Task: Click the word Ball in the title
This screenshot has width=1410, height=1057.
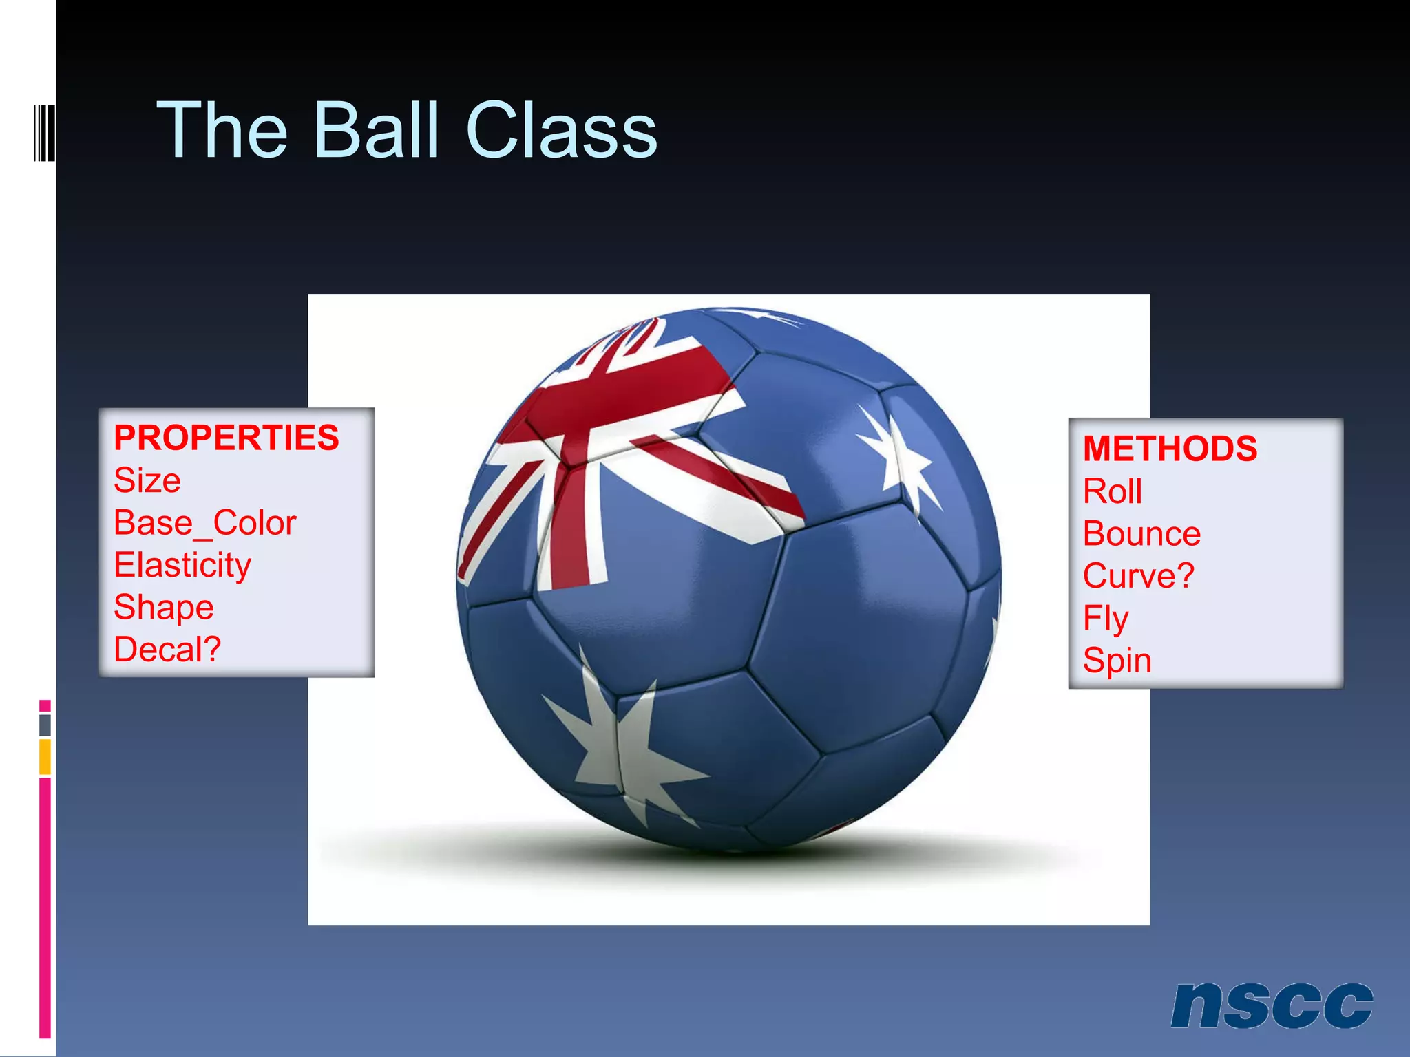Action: click(x=376, y=131)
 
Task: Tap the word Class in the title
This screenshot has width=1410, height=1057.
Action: click(x=561, y=131)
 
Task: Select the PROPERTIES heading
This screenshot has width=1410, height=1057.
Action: click(x=227, y=438)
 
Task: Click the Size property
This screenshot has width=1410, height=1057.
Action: click(x=147, y=480)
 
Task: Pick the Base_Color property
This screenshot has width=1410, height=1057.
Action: click(x=205, y=523)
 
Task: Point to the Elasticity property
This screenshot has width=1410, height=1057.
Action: click(x=182, y=565)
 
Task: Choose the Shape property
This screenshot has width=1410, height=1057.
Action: click(x=164, y=608)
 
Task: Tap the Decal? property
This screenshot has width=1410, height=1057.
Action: click(x=167, y=650)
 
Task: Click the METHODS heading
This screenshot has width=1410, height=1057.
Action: click(x=1170, y=449)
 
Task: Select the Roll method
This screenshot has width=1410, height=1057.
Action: click(x=1113, y=491)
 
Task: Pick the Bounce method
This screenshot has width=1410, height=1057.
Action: click(x=1141, y=534)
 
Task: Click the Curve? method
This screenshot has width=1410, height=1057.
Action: click(x=1138, y=576)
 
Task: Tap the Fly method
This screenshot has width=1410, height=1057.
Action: click(x=1106, y=619)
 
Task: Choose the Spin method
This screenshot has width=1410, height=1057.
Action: click(x=1117, y=661)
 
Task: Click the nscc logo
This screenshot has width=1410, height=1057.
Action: click(x=1271, y=1005)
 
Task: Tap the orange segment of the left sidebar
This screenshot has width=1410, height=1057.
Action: click(x=45, y=757)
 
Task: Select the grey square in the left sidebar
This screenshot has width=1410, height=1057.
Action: click(x=45, y=725)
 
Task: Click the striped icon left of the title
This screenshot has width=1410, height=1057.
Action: click(x=45, y=132)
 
